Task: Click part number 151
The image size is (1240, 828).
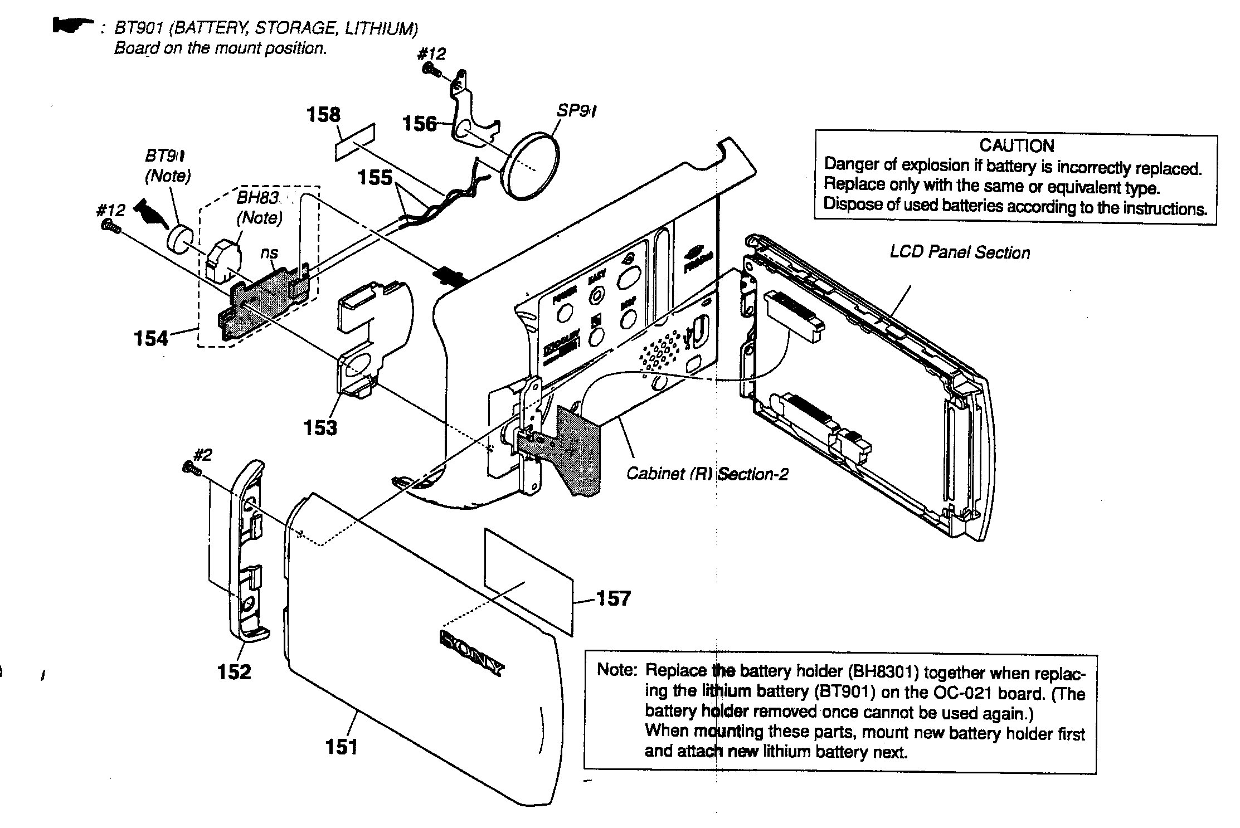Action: (341, 747)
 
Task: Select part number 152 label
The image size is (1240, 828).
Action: (234, 671)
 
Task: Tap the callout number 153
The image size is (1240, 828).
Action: (320, 428)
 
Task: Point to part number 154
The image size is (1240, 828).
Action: (151, 338)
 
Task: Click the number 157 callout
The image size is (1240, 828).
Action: (614, 598)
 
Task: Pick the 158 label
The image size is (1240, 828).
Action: (323, 115)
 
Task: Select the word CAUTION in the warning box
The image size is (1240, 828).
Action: (1017, 146)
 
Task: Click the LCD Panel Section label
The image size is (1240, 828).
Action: (960, 252)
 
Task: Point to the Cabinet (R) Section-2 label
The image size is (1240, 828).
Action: (707, 474)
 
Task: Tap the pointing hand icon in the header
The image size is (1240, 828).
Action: (72, 25)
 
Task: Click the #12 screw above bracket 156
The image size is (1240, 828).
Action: (431, 70)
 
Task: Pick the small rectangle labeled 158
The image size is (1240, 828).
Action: (355, 143)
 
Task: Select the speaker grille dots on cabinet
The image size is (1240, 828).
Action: (661, 352)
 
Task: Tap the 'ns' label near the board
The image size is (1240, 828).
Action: (269, 253)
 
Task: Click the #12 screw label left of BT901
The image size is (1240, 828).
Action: (110, 210)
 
